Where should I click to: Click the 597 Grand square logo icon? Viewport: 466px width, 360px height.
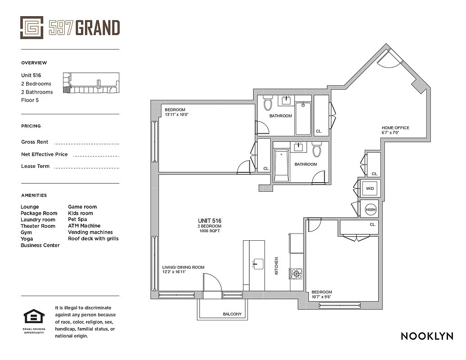(x=32, y=27)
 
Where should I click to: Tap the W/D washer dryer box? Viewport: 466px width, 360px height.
(x=370, y=188)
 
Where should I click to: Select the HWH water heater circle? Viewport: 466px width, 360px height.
(x=370, y=209)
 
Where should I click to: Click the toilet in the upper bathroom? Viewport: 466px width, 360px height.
(x=268, y=103)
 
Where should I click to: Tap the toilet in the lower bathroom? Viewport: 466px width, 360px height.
(x=317, y=150)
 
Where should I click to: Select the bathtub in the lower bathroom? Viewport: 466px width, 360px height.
(x=281, y=166)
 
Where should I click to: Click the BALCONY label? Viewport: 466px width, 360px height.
(x=232, y=314)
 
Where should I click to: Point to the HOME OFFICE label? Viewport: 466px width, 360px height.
(x=396, y=128)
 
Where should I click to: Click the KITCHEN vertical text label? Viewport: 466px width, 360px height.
(x=276, y=266)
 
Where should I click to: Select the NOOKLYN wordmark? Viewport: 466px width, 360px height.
(x=427, y=336)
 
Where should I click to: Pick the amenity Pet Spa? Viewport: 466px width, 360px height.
(x=77, y=220)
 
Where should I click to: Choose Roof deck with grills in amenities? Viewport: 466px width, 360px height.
(x=93, y=238)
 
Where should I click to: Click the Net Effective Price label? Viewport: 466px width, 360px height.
(x=45, y=154)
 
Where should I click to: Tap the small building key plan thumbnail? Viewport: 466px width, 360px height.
(x=91, y=83)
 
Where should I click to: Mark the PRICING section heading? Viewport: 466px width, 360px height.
(x=31, y=126)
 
